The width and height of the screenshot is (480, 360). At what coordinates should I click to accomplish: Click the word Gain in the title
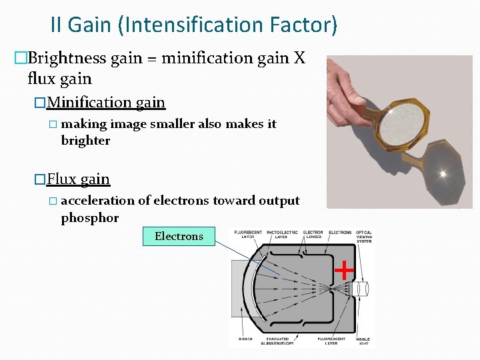click(x=91, y=25)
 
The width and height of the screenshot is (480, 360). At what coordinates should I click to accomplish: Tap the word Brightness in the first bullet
click(x=67, y=58)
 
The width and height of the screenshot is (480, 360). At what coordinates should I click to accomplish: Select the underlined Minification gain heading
click(x=106, y=103)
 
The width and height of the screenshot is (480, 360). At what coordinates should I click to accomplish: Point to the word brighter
click(x=85, y=141)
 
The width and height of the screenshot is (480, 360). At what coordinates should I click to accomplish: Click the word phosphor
click(x=89, y=218)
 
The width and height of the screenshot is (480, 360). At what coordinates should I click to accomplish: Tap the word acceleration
click(x=97, y=201)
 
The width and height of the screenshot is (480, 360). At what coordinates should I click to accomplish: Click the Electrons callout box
click(x=179, y=236)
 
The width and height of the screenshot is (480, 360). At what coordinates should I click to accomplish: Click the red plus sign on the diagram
click(x=343, y=270)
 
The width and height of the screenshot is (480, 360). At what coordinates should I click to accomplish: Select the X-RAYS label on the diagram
click(x=245, y=338)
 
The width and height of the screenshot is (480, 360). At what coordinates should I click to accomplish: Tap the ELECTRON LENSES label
click(x=313, y=235)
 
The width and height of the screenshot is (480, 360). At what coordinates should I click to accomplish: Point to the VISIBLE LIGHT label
click(x=364, y=341)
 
